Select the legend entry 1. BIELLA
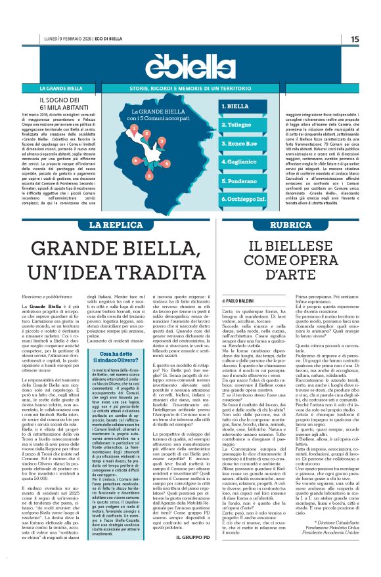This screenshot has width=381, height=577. click(235, 106)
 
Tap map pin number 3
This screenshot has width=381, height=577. click(162, 140)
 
